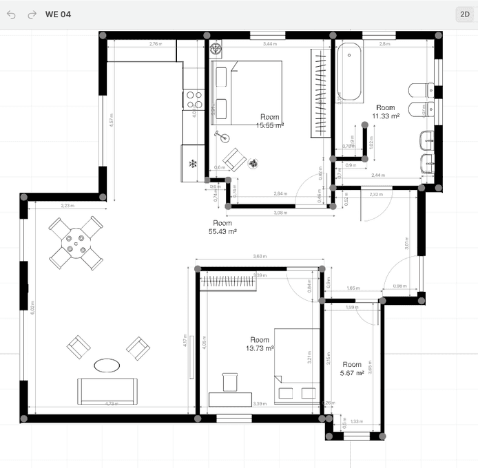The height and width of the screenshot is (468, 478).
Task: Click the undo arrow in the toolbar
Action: click(x=11, y=14)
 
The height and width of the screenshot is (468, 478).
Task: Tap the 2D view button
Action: click(x=464, y=14)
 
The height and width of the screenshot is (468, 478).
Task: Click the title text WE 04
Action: click(x=58, y=14)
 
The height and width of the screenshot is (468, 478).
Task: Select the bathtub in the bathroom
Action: click(x=349, y=72)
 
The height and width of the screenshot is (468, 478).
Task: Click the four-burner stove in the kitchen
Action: click(x=193, y=100)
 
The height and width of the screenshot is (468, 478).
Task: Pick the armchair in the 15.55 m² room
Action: click(x=233, y=159)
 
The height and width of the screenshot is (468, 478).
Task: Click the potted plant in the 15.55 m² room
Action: click(x=253, y=163)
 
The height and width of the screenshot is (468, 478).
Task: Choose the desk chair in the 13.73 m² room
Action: click(x=229, y=381)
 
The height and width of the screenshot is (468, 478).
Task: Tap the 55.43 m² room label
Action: click(x=222, y=228)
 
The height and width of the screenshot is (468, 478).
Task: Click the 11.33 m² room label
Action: click(x=385, y=112)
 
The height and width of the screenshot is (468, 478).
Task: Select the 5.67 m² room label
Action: click(x=351, y=369)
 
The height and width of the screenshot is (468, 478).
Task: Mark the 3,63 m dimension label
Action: click(x=260, y=257)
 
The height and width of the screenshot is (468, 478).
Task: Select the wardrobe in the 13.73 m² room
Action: click(x=227, y=281)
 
